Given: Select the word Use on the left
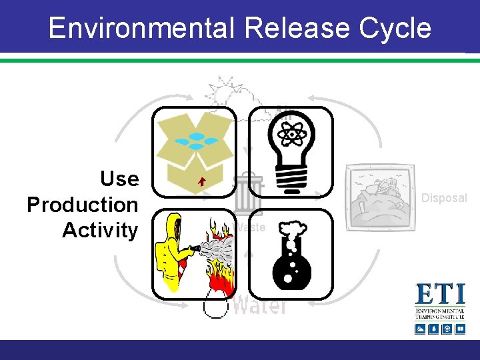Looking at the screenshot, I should tap(119, 179).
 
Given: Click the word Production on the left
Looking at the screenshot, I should tap(83, 205).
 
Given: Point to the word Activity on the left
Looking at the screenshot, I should tap(100, 231).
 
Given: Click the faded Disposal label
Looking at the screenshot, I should tap(444, 198).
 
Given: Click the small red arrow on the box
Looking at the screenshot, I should tap(201, 181).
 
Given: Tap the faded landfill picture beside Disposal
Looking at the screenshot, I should tap(377, 197).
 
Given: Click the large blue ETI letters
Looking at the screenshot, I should tap(439, 295).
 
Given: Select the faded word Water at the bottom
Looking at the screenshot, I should tap(260, 305).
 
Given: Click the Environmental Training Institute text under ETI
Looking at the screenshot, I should tap(439, 314).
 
